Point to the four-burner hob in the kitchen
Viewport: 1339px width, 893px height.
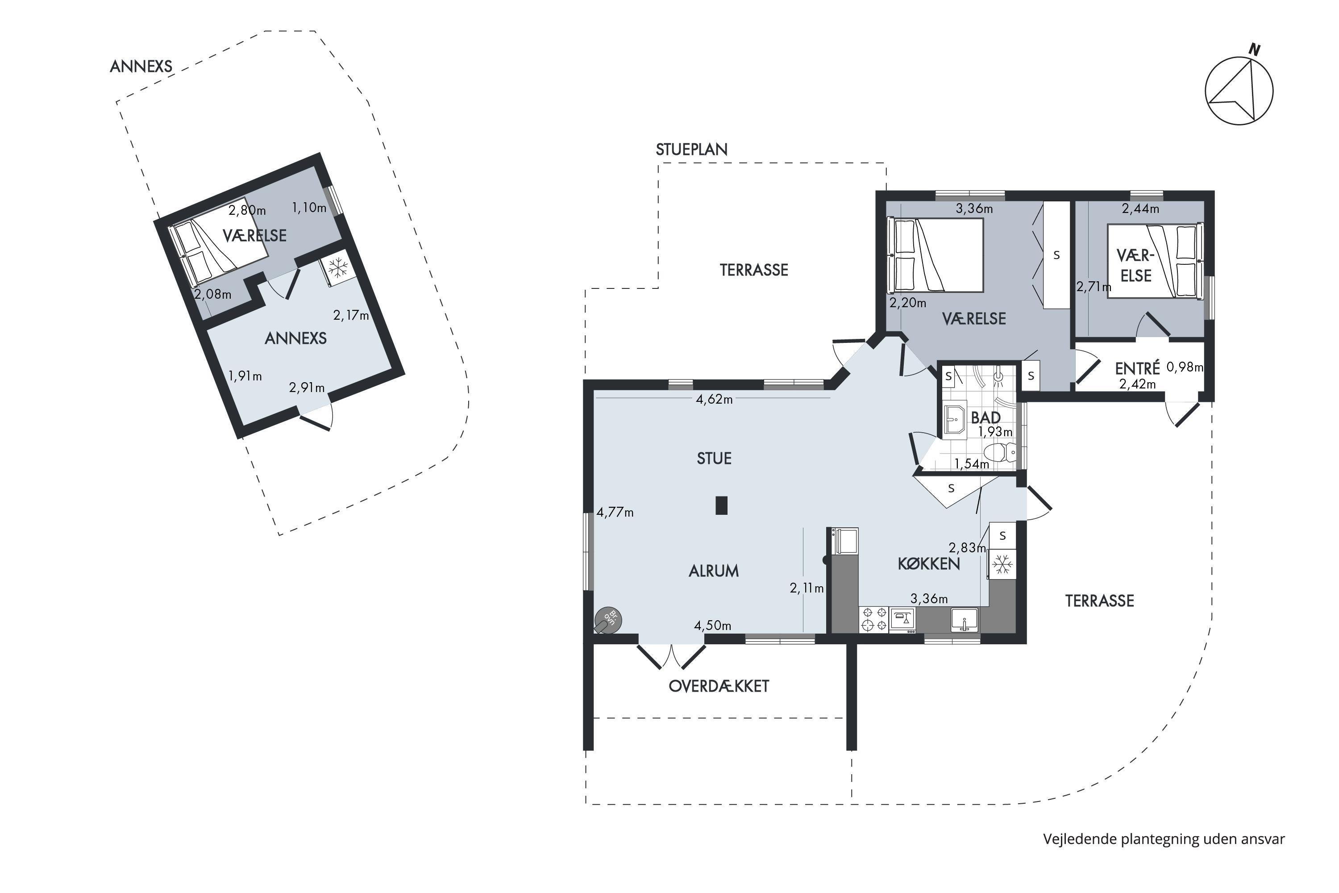pyautogui.click(x=874, y=620)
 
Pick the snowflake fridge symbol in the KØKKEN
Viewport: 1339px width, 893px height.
pyautogui.click(x=1002, y=565)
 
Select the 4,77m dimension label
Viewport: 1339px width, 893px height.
pyautogui.click(x=615, y=513)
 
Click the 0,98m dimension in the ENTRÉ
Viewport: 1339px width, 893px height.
pyautogui.click(x=1185, y=367)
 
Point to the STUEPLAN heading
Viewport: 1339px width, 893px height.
pyautogui.click(x=692, y=149)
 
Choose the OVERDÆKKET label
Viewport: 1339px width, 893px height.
pyautogui.click(x=719, y=686)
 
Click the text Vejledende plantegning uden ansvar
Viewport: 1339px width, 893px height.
pyautogui.click(x=1164, y=839)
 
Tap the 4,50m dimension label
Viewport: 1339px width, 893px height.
pyautogui.click(x=712, y=626)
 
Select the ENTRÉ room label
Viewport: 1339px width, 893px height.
pyautogui.click(x=1137, y=368)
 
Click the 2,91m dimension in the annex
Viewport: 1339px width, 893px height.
pyautogui.click(x=307, y=388)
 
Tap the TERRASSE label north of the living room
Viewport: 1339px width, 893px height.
pyautogui.click(x=754, y=270)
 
